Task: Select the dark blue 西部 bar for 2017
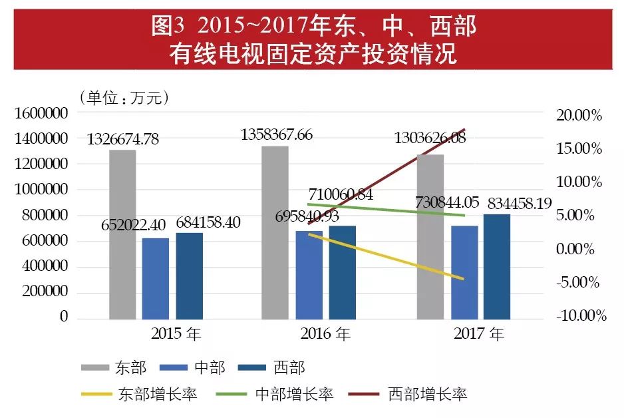[x=496, y=266]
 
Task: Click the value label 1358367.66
[x=287, y=134]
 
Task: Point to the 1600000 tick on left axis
[x=41, y=114]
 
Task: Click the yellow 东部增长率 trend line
[x=386, y=256]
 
